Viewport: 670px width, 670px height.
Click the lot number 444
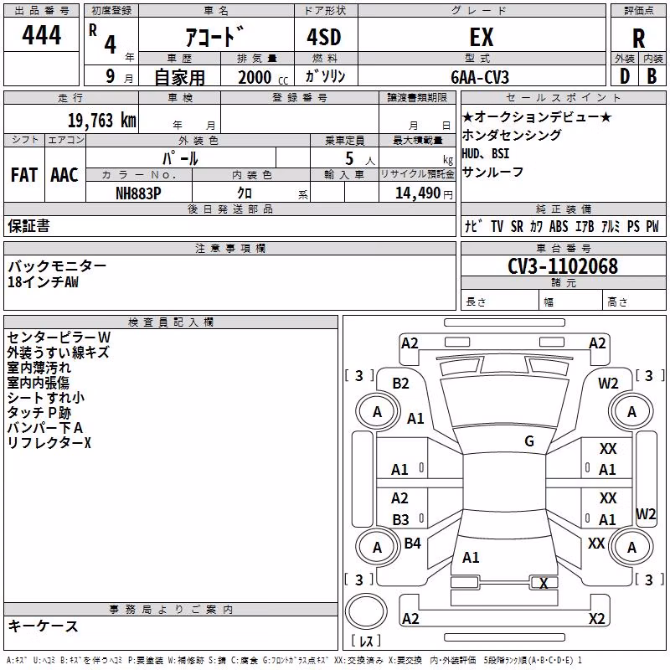pos(41,35)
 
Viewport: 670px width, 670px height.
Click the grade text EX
pos(482,37)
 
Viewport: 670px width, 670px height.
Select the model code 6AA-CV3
pos(480,77)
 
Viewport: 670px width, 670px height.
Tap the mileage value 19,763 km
pos(102,121)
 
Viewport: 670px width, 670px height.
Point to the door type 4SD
pos(324,37)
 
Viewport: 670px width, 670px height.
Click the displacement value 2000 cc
pos(263,77)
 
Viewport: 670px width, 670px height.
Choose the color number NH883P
pos(138,193)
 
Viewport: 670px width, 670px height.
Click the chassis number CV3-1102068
pos(563,266)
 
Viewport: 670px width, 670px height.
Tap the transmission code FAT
pos(24,175)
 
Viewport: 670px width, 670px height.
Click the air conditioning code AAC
pos(64,175)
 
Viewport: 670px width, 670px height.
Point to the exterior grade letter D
pos(625,76)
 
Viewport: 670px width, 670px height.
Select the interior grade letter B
pos(652,76)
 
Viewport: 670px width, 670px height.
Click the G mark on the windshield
pos(529,441)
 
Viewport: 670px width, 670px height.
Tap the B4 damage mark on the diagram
pos(412,543)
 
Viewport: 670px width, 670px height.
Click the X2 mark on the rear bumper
pos(596,618)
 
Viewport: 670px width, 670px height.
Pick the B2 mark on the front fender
pos(400,384)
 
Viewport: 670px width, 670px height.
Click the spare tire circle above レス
pos(366,611)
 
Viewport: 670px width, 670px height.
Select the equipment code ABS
pos(559,226)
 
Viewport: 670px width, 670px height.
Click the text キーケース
pos(43,626)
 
